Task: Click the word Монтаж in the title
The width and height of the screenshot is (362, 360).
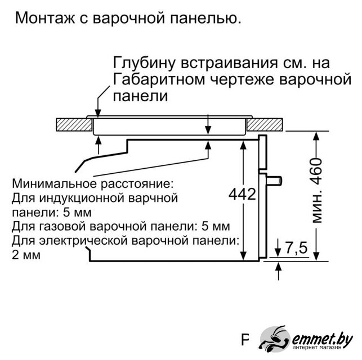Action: pos(45,18)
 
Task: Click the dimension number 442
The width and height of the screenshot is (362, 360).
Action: pos(243,194)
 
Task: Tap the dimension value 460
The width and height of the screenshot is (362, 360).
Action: pos(316,171)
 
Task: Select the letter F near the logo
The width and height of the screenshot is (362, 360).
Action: pos(245,340)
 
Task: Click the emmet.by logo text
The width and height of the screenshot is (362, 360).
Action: pos(322,339)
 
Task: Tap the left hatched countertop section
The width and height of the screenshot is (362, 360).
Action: pos(74,124)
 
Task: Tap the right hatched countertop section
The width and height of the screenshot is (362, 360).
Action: pos(265,124)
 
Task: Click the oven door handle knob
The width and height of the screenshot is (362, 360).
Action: pos(275,181)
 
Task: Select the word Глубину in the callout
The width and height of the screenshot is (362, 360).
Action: pos(144,63)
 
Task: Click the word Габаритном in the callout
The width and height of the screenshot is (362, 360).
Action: pos(159,79)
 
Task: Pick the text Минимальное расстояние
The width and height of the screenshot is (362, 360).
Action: pos(92,184)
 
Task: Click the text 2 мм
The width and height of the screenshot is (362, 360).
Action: pos(26,255)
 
